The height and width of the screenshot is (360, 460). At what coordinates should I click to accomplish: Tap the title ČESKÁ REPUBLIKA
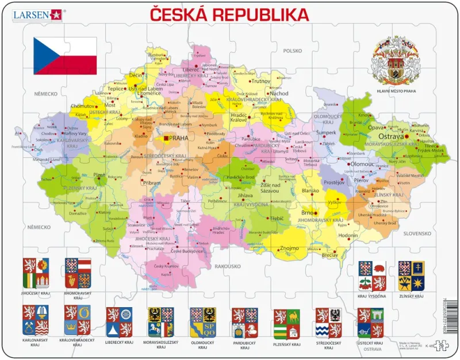[228, 14]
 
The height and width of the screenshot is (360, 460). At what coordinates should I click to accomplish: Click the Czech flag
[64, 56]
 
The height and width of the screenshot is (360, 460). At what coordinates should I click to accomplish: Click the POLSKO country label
[292, 51]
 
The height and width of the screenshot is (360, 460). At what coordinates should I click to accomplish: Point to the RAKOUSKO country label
[227, 266]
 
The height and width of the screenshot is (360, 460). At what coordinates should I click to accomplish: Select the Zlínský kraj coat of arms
[411, 276]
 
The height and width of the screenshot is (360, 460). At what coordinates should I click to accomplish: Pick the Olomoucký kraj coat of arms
[203, 323]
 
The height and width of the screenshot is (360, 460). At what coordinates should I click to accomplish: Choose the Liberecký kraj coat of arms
[119, 322]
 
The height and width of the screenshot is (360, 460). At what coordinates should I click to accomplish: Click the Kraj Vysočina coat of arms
[370, 276]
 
